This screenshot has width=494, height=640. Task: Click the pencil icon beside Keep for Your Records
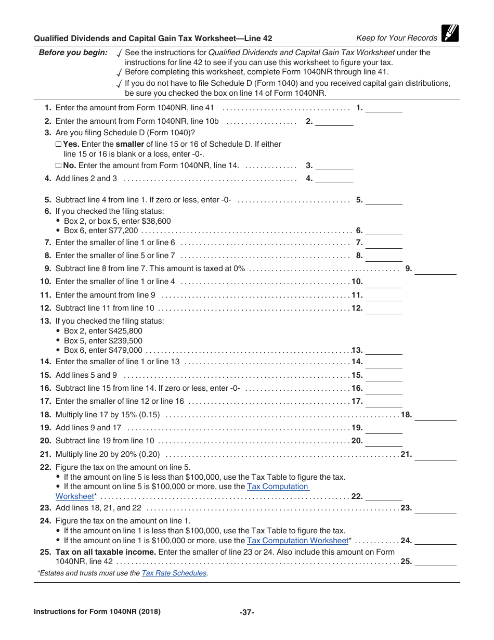(x=450, y=34)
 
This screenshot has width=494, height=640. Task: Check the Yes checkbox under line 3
(x=58, y=144)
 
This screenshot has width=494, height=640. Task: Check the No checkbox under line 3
(x=58, y=165)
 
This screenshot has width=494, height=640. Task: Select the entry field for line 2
(x=334, y=122)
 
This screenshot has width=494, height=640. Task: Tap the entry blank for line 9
(x=435, y=269)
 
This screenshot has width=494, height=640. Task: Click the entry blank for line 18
(x=435, y=415)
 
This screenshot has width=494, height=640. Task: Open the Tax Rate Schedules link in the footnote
(x=174, y=573)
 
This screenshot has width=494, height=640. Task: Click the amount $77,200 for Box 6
(x=124, y=231)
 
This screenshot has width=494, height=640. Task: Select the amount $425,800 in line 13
(x=125, y=331)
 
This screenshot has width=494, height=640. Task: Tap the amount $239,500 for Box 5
(x=125, y=341)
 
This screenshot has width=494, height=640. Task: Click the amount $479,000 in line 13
(x=125, y=350)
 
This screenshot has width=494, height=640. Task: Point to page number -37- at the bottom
(x=246, y=612)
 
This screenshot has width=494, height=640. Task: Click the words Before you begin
(x=73, y=53)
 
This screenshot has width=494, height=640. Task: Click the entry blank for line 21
(x=435, y=455)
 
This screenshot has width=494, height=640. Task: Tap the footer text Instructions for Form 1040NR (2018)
(x=97, y=612)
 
